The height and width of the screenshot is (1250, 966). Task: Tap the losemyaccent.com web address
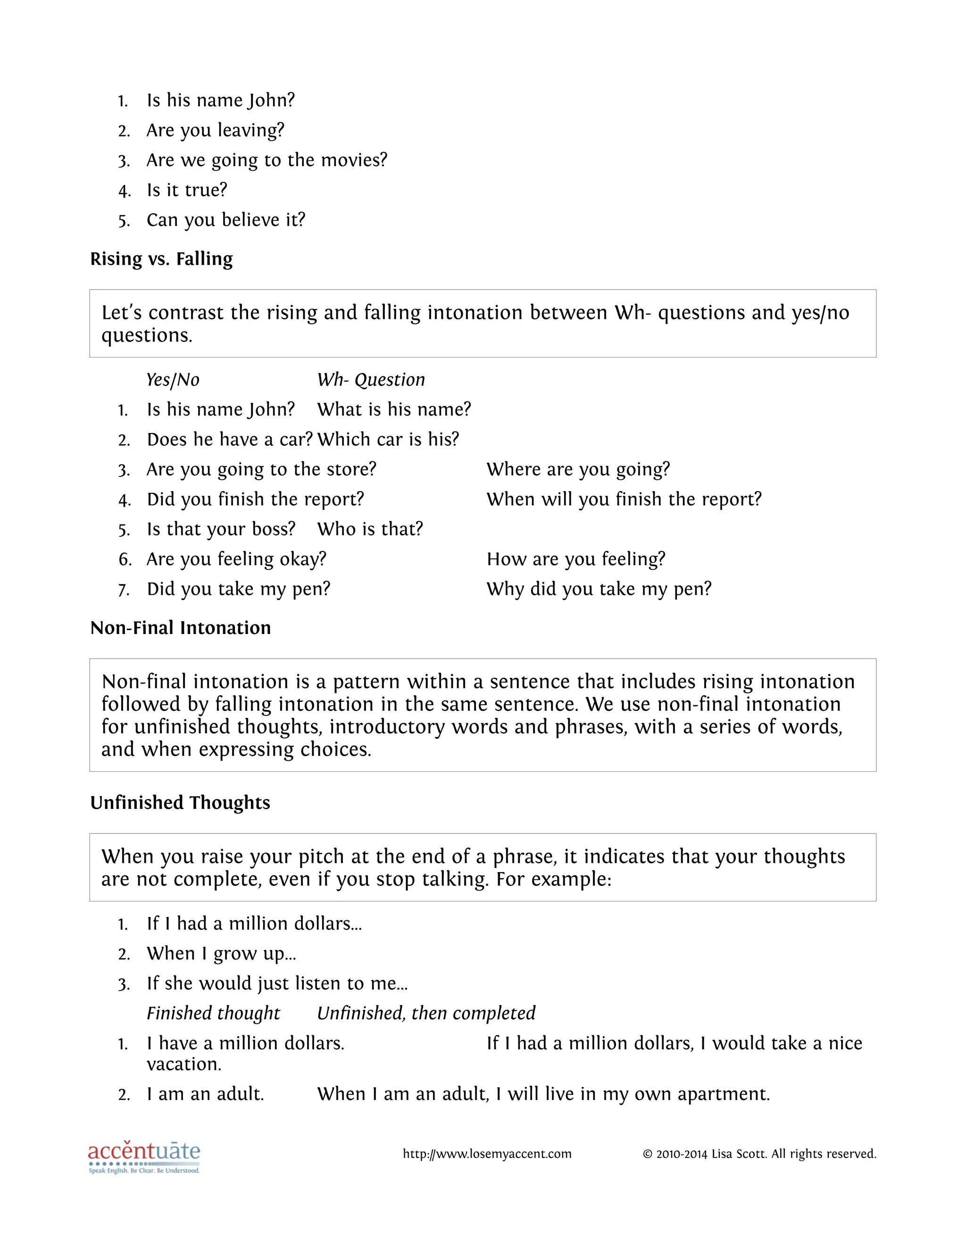tap(486, 1154)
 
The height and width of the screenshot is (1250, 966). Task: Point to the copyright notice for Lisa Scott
tap(759, 1154)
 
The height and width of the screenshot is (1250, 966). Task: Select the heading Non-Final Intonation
tap(180, 628)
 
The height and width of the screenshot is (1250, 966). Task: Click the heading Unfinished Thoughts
tap(180, 802)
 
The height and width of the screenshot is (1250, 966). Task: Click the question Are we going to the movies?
tap(266, 160)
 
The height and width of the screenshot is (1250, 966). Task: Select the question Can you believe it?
tap(225, 220)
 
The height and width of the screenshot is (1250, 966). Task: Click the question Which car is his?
tap(388, 439)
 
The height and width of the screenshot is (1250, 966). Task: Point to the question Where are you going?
tap(578, 469)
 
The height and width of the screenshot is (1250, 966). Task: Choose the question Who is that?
tap(370, 529)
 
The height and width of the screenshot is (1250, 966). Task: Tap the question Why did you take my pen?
tap(599, 589)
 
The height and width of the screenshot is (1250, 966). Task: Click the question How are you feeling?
tap(576, 559)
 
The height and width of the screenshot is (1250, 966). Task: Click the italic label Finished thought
tap(213, 1013)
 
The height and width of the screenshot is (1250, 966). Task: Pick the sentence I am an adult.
tap(205, 1094)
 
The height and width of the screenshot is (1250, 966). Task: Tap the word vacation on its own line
tap(183, 1064)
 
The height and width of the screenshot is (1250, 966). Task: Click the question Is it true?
tap(187, 190)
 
